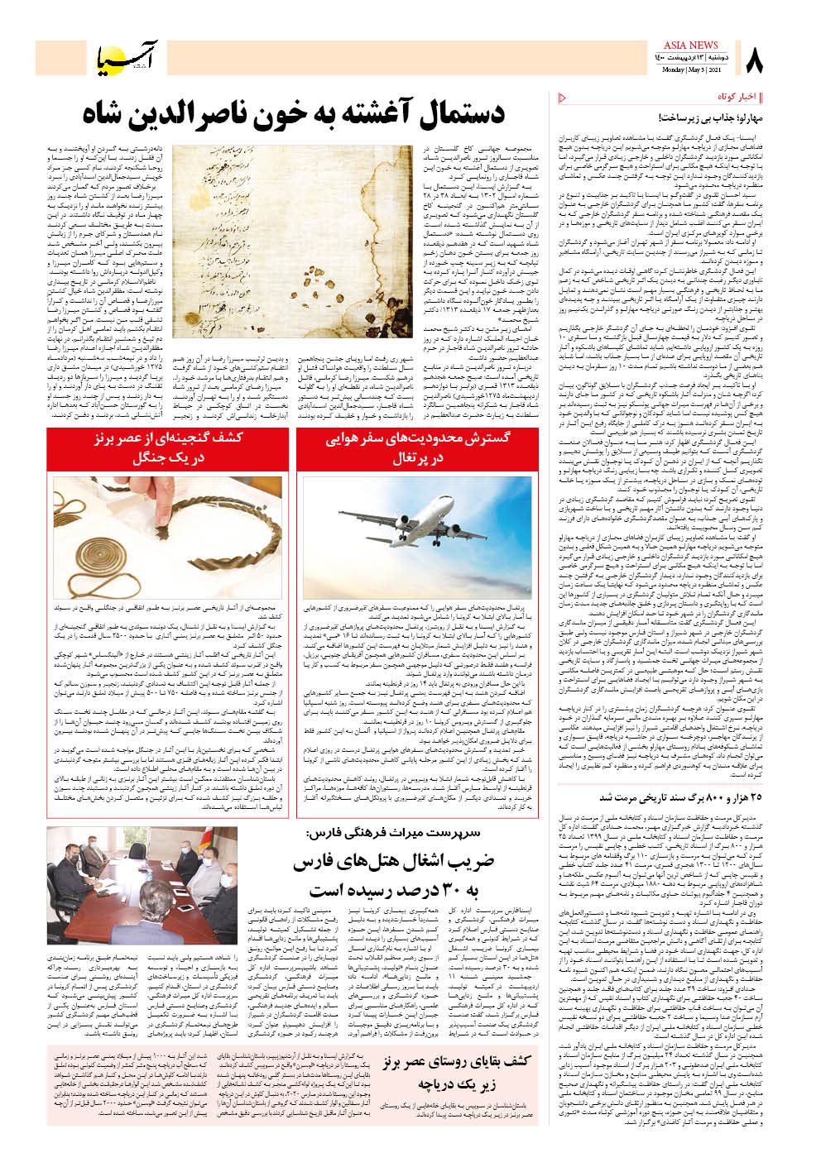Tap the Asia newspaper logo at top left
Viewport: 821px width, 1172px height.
point(124,56)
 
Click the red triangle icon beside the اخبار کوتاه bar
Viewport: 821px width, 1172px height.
point(563,98)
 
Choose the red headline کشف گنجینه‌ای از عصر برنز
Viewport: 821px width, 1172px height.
point(169,447)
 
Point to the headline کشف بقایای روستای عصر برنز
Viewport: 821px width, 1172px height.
point(456,1073)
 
